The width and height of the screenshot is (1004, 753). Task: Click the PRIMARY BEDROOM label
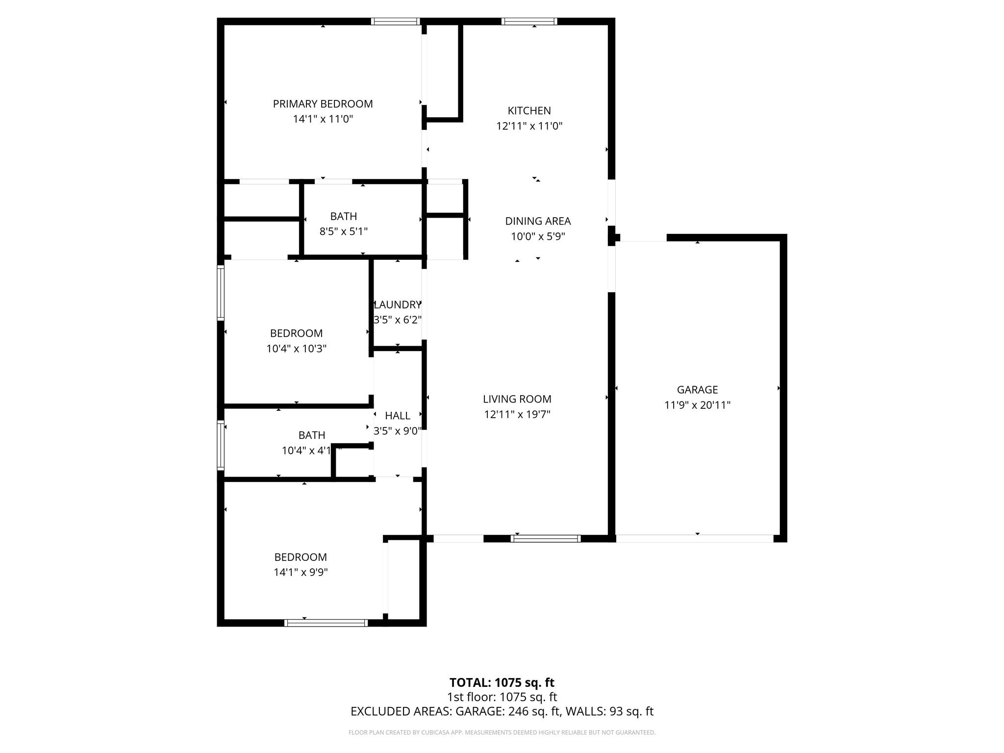point(323,104)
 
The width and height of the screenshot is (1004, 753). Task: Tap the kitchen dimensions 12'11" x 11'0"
point(529,126)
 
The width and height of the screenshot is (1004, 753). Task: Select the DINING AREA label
point(538,221)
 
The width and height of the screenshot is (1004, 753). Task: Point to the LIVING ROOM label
point(517,399)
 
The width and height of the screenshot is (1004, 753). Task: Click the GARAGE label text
point(697,390)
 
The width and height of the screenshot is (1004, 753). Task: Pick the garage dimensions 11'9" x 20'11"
point(697,405)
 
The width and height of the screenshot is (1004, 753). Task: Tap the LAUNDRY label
point(398,304)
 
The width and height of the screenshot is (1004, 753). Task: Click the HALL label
point(398,416)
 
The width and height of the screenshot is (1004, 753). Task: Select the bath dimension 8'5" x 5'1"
point(343,231)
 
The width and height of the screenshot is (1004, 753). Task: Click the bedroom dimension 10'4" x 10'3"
point(296,349)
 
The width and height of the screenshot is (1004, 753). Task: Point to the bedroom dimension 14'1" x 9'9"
point(301,572)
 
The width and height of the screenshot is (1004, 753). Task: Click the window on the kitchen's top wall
point(529,21)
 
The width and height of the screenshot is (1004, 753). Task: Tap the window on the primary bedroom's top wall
point(395,21)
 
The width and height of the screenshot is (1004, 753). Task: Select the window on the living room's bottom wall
point(546,538)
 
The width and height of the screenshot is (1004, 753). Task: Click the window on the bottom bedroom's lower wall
point(326,623)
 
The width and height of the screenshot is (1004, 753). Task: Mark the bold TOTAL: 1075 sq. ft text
point(502,682)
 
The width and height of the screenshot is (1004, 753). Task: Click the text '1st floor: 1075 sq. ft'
point(502,697)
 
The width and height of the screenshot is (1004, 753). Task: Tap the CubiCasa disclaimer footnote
point(502,732)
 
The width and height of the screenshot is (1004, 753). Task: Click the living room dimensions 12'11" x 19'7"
point(517,414)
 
